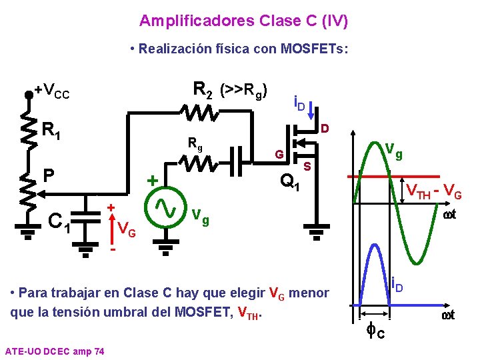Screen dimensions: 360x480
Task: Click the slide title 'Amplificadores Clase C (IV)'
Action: [x=243, y=21]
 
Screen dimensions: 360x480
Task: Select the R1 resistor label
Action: [x=52, y=131]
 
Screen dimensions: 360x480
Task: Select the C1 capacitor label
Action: [x=59, y=220]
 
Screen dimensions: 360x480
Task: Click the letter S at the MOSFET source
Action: [x=307, y=165]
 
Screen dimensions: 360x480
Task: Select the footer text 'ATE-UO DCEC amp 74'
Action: [x=54, y=351]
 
